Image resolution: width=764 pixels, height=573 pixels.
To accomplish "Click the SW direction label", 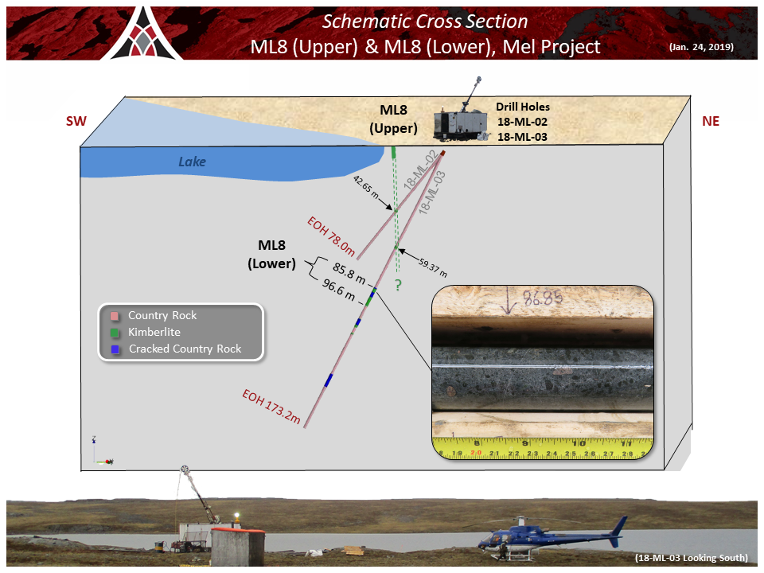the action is (76, 121).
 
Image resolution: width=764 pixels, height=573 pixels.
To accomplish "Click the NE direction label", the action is (711, 121).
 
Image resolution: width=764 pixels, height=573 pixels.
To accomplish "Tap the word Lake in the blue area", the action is (192, 162).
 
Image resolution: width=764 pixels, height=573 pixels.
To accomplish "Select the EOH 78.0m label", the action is (331, 236).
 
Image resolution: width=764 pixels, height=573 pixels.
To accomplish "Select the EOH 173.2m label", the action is (271, 407).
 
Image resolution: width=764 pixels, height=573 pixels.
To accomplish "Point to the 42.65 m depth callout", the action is (366, 187).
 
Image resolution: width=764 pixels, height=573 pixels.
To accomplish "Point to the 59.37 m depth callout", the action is (433, 267).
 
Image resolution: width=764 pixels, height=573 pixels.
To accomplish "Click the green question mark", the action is (398, 285).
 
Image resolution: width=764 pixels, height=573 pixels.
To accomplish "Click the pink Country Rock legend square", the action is (115, 316).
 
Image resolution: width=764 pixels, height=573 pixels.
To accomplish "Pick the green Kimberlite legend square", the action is (115, 333).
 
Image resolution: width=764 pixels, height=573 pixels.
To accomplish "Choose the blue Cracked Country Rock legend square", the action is (115, 349).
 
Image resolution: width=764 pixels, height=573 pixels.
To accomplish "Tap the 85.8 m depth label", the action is (349, 273).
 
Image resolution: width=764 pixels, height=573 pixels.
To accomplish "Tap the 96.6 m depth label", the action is (338, 290).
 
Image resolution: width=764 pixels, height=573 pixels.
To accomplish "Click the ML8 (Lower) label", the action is (272, 255).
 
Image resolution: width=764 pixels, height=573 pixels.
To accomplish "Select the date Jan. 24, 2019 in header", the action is (701, 47).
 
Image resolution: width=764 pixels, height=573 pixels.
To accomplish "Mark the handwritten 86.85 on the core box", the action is (543, 297).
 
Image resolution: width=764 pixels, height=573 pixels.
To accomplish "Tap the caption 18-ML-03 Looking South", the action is (691, 558).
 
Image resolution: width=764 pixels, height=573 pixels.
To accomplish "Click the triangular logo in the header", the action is (142, 34).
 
